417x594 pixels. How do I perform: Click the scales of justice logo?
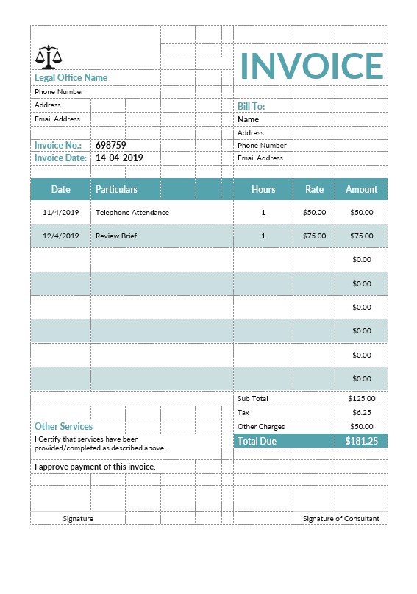(x=49, y=56)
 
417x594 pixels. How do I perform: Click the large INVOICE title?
(x=312, y=66)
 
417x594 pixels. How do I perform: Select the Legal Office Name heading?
(x=71, y=77)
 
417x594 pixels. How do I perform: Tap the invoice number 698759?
(x=111, y=145)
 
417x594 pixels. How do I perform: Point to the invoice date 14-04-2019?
(x=119, y=158)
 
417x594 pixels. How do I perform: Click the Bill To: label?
(x=251, y=106)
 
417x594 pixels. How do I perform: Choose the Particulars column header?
(x=116, y=189)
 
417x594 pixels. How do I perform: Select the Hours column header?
(x=263, y=189)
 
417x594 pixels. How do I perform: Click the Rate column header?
(x=314, y=189)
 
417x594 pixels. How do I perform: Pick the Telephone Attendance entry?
(x=132, y=212)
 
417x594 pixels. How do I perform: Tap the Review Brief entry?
(x=116, y=236)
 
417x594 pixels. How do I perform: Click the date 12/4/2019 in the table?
(x=60, y=236)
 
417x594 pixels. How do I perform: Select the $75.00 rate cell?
(x=314, y=236)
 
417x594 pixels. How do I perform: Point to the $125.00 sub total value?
(x=361, y=398)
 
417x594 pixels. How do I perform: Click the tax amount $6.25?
(x=361, y=412)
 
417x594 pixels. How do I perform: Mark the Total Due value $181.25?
(x=361, y=441)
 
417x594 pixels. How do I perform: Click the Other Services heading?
(x=64, y=426)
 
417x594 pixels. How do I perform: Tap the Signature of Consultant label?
(x=341, y=518)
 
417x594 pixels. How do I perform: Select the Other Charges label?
(x=261, y=426)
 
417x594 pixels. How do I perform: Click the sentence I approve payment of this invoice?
(x=95, y=467)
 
